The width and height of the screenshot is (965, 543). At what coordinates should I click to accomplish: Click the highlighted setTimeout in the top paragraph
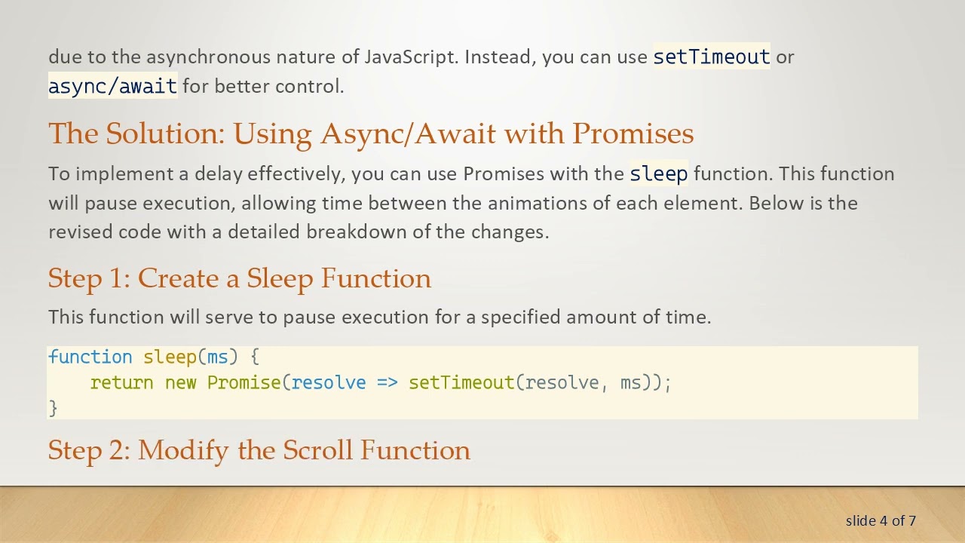pyautogui.click(x=711, y=57)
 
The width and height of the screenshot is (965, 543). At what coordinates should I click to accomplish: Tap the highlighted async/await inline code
pyautogui.click(x=112, y=87)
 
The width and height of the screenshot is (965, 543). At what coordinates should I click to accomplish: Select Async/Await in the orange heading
pyautogui.click(x=408, y=133)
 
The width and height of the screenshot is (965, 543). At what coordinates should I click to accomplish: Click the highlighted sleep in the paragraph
pyautogui.click(x=658, y=174)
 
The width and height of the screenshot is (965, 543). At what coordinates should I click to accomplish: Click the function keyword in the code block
pyautogui.click(x=90, y=357)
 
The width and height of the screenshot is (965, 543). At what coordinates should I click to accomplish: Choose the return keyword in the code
pyautogui.click(x=121, y=383)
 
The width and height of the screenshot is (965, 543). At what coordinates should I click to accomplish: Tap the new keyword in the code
pyautogui.click(x=180, y=383)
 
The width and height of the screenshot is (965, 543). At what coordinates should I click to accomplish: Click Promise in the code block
pyautogui.click(x=244, y=383)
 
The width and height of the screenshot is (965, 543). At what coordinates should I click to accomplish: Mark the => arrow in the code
pyautogui.click(x=387, y=383)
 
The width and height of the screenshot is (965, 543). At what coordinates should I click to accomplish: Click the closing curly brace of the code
pyautogui.click(x=53, y=408)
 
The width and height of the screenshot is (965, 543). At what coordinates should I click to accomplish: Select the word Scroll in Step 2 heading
pyautogui.click(x=317, y=450)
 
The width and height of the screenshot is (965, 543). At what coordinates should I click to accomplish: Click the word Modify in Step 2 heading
pyautogui.click(x=183, y=450)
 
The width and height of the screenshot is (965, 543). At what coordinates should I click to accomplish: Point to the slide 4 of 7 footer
pyautogui.click(x=881, y=521)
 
